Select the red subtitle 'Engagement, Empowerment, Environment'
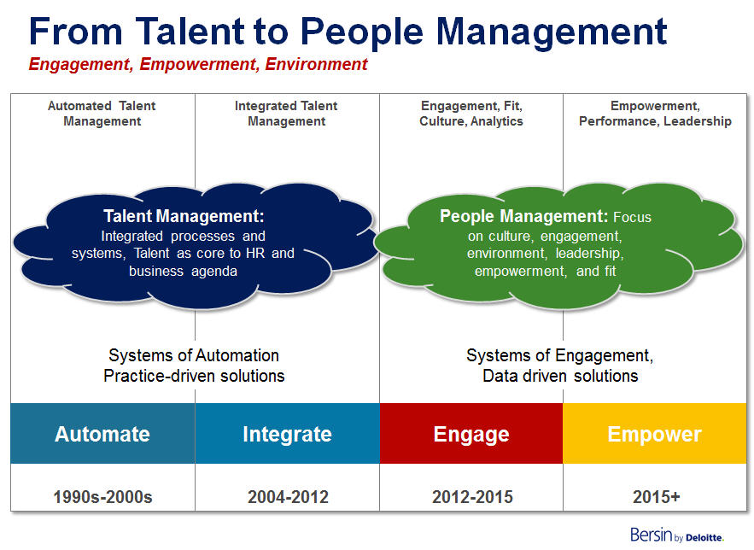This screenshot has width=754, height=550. click(x=198, y=64)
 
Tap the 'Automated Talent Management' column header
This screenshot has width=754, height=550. click(x=102, y=114)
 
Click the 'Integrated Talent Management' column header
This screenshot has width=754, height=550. click(x=286, y=114)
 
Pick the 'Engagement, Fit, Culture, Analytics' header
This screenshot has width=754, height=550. click(x=471, y=114)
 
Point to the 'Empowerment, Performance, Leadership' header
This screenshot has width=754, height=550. click(x=655, y=114)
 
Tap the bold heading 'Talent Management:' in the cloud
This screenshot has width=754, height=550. click(x=184, y=217)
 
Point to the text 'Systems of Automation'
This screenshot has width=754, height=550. click(x=194, y=355)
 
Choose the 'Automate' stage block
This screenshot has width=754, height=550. click(x=102, y=434)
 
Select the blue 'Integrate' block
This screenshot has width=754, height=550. click(x=287, y=434)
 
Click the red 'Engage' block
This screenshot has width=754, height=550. click(x=471, y=434)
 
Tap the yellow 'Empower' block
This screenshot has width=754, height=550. click(x=654, y=434)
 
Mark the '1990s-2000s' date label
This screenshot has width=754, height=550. click(x=102, y=496)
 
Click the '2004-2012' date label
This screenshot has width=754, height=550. click(x=287, y=496)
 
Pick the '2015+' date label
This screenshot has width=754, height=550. click(x=654, y=496)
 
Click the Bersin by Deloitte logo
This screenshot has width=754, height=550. click(x=676, y=535)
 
